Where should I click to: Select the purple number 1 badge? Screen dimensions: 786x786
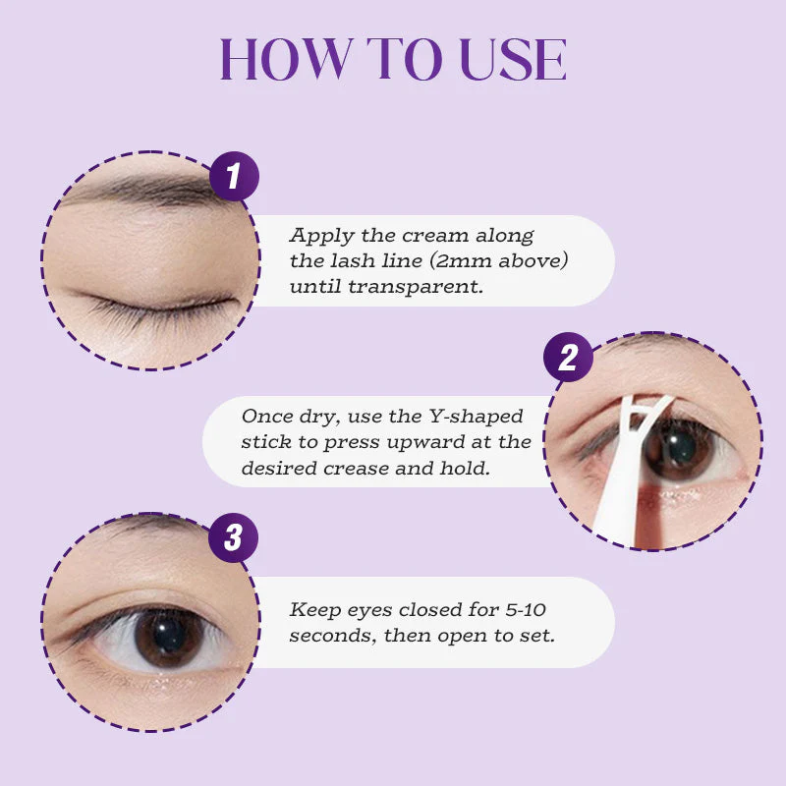point(234,177)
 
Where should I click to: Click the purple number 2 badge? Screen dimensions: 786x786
point(568,357)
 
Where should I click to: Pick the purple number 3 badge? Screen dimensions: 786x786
point(234,537)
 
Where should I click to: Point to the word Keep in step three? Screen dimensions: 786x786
point(310,609)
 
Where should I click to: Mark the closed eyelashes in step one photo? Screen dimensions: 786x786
point(147,305)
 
